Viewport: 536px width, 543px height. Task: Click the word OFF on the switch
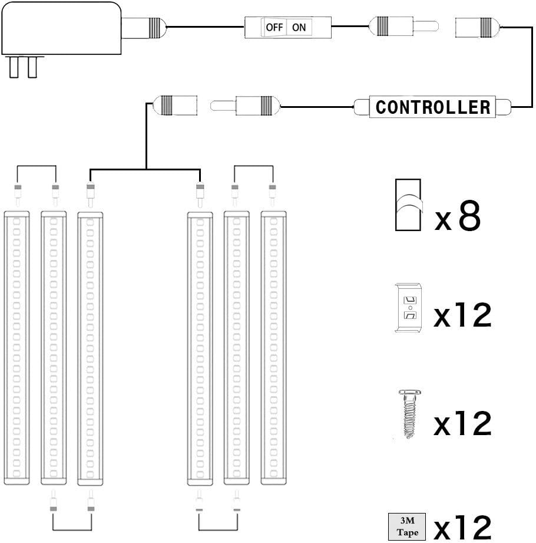pyautogui.click(x=274, y=27)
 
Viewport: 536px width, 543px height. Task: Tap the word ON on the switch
pyautogui.click(x=299, y=27)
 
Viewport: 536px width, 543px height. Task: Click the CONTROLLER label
pyautogui.click(x=433, y=107)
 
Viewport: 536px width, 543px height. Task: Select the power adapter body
pyautogui.click(x=59, y=27)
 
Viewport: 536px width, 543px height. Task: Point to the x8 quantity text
pyautogui.click(x=458, y=218)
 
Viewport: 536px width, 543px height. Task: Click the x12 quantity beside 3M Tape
pyautogui.click(x=462, y=528)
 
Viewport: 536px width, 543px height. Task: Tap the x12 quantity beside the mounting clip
pyautogui.click(x=462, y=315)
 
